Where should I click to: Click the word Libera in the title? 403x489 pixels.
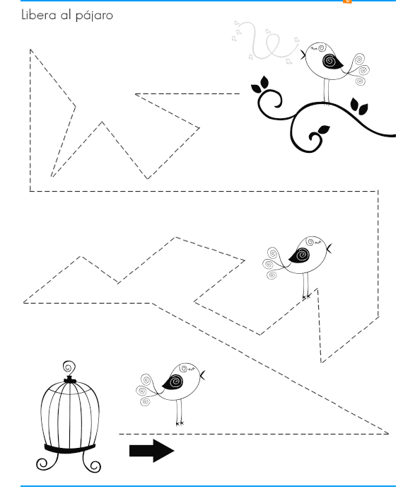pyautogui.click(x=39, y=15)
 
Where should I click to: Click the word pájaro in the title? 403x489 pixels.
pyautogui.click(x=94, y=16)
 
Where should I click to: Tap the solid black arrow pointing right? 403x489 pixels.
pyautogui.click(x=152, y=450)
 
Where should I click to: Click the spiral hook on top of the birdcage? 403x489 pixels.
pyautogui.click(x=69, y=368)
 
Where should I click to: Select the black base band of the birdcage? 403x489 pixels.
pyautogui.click(x=69, y=449)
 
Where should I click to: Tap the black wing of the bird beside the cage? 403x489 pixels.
pyautogui.click(x=173, y=381)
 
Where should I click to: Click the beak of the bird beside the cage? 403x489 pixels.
pyautogui.click(x=203, y=376)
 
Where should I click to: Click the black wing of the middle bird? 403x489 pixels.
pyautogui.click(x=300, y=255)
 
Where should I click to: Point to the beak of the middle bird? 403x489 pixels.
pyautogui.click(x=329, y=249)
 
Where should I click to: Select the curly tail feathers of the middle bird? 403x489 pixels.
pyautogui.click(x=273, y=263)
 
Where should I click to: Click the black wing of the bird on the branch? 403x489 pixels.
pyautogui.click(x=332, y=62)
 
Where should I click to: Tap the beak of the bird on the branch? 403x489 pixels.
pyautogui.click(x=303, y=55)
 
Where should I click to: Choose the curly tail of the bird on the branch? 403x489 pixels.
pyautogui.click(x=359, y=69)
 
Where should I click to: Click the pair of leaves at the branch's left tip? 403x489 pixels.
pyautogui.click(x=260, y=85)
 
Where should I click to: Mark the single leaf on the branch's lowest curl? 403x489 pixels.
pyautogui.click(x=324, y=130)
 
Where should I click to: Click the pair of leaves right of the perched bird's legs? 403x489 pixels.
pyautogui.click(x=359, y=106)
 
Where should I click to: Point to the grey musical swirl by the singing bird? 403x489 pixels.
pyautogui.click(x=265, y=42)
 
